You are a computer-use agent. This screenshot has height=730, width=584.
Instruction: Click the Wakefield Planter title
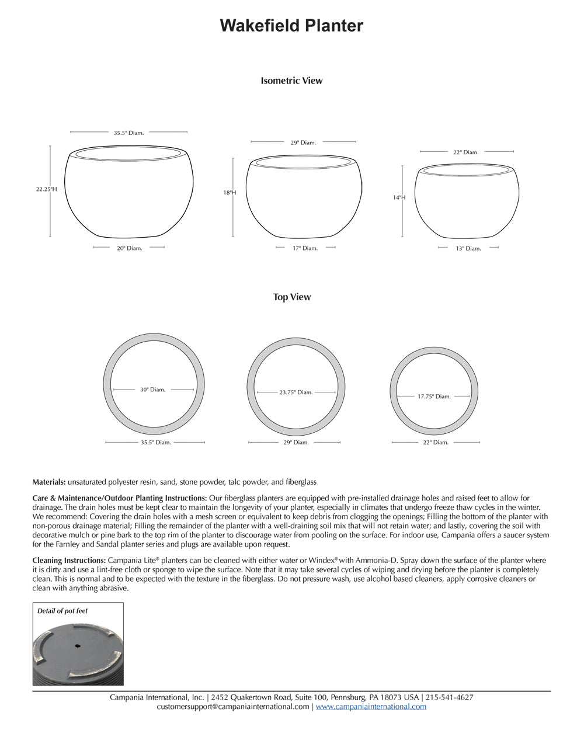tap(291, 26)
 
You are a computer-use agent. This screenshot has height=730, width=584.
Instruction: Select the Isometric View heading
tap(291, 81)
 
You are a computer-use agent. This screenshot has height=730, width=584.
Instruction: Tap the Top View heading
tap(291, 297)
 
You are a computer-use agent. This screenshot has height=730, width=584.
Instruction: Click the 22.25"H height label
tap(46, 189)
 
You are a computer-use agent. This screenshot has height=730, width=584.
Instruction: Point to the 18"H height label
tap(229, 192)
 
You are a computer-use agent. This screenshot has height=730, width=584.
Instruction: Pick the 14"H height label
tap(399, 198)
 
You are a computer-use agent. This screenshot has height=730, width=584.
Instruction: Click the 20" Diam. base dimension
tap(129, 248)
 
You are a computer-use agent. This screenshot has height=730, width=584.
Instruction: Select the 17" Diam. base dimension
tap(305, 248)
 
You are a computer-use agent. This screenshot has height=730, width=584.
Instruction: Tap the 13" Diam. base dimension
tap(468, 248)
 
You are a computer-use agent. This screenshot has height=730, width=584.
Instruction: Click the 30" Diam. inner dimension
tap(152, 390)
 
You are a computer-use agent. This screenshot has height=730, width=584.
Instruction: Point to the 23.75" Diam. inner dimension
tap(296, 392)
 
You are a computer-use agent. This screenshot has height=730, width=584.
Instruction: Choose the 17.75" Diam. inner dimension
tap(434, 397)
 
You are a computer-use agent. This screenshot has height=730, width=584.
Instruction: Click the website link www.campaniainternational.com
tap(371, 707)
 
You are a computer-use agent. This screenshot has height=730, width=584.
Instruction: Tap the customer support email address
tap(233, 707)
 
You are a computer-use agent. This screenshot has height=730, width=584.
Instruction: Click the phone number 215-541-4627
tap(449, 697)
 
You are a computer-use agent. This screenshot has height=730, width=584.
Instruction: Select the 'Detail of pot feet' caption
tap(62, 611)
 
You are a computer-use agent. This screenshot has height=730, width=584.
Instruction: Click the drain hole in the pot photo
tap(78, 646)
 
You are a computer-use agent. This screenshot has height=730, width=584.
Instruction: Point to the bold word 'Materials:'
tap(49, 482)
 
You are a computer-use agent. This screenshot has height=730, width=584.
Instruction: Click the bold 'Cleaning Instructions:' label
tap(69, 560)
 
